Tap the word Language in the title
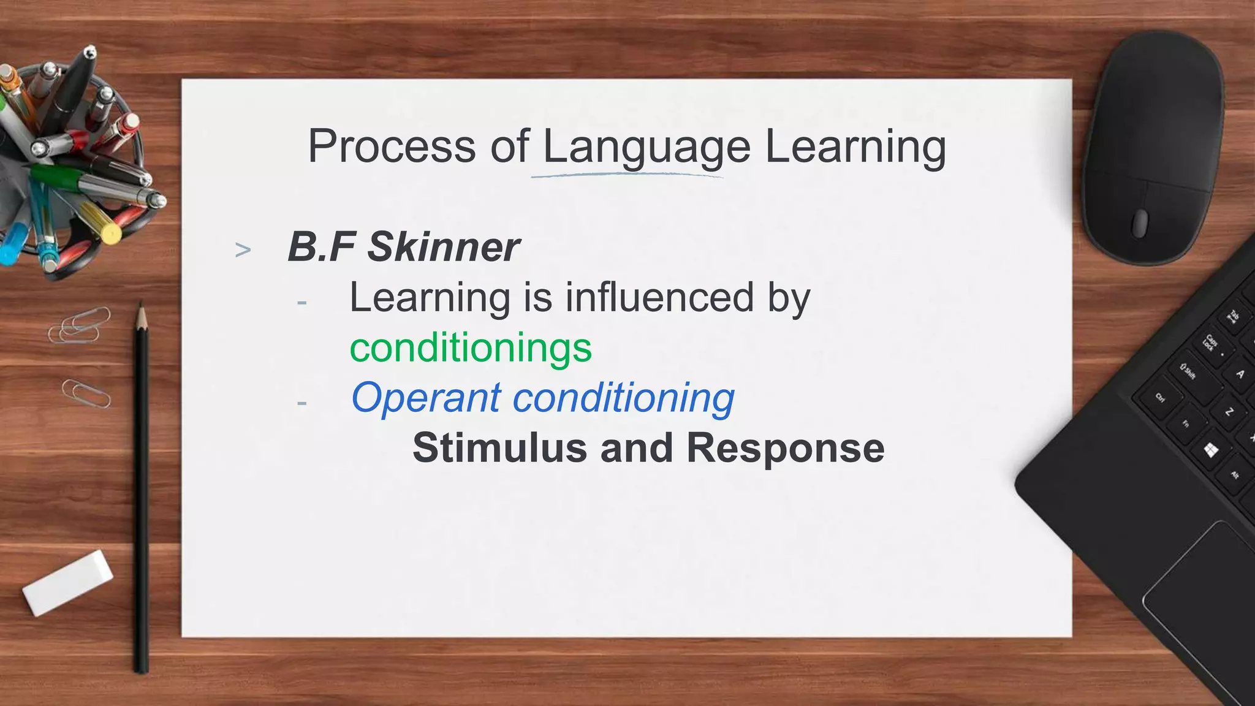point(646,147)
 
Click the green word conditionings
point(471,347)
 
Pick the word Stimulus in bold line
point(499,447)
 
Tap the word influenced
point(659,297)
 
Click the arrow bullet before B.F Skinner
point(243,250)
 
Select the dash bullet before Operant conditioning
point(301,403)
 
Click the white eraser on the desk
point(67,582)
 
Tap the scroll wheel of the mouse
point(1139,223)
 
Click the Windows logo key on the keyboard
point(1210,450)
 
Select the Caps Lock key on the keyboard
point(1209,343)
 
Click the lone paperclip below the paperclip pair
point(86,393)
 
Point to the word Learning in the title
point(855,147)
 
